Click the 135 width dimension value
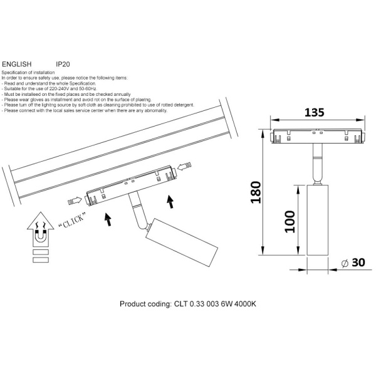[314, 112]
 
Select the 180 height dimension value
[256, 192]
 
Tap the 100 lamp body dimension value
[290, 222]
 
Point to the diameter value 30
[358, 263]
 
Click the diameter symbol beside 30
[345, 263]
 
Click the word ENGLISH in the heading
[17, 65]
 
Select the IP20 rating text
[63, 65]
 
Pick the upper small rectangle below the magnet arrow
[41, 252]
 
